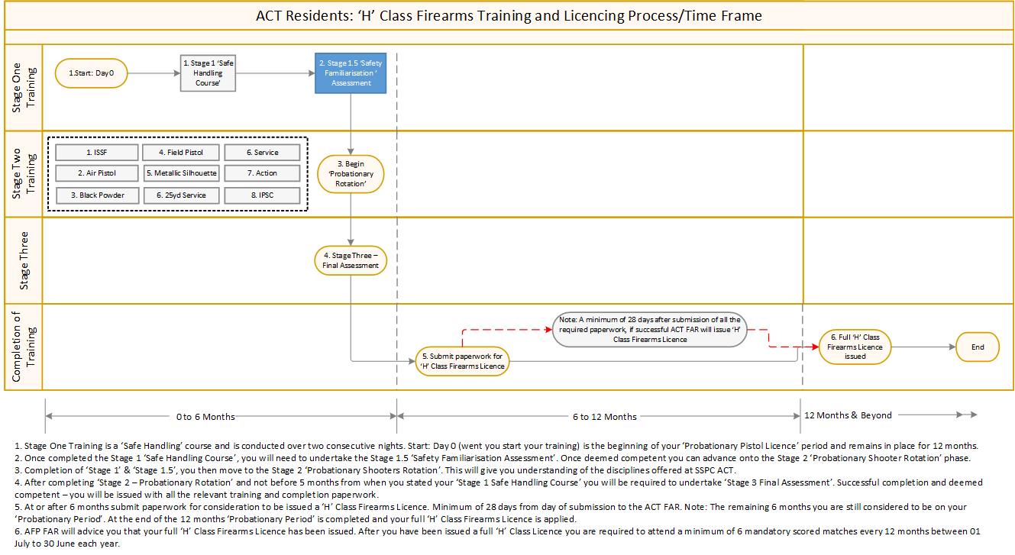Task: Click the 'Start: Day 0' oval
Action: click(91, 74)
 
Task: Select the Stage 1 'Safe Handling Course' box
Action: click(207, 73)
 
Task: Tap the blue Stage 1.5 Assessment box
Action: click(351, 73)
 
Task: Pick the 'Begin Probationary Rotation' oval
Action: click(351, 174)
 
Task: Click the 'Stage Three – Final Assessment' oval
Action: click(351, 260)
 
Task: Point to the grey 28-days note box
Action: click(649, 330)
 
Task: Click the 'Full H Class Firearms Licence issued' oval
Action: click(855, 347)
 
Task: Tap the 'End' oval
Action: click(978, 347)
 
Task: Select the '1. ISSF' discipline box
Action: click(97, 152)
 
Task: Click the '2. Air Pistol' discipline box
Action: click(97, 173)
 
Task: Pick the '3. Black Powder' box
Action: click(97, 195)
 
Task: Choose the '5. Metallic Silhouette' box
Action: click(182, 173)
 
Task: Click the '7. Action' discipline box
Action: click(262, 173)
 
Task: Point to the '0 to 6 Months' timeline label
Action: click(205, 417)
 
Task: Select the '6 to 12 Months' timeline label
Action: click(605, 417)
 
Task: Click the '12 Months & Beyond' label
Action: click(848, 415)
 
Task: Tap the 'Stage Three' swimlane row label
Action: click(24, 260)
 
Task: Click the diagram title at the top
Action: click(508, 16)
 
